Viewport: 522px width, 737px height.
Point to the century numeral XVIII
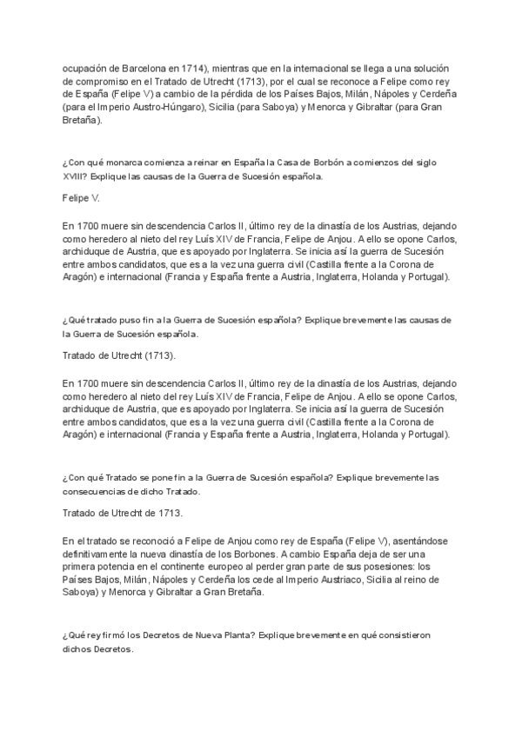point(76,176)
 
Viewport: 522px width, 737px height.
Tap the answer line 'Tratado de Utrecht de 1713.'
point(123,513)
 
